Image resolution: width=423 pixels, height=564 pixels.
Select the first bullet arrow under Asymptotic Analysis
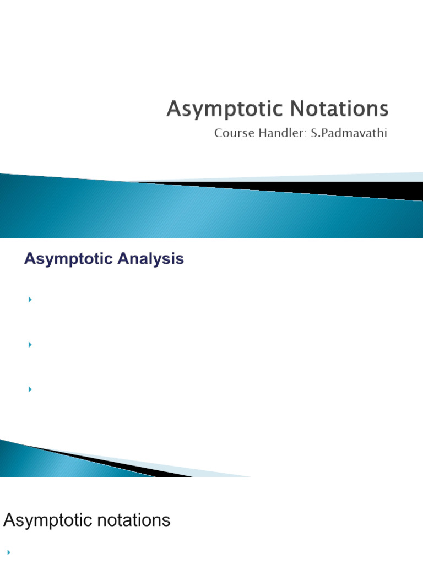30,300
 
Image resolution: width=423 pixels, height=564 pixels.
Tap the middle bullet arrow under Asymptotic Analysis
30,345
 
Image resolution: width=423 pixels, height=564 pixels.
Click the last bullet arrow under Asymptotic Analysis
30,389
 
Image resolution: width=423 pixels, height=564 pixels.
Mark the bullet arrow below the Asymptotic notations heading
9,551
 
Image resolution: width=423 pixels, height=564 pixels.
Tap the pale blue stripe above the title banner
330,177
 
